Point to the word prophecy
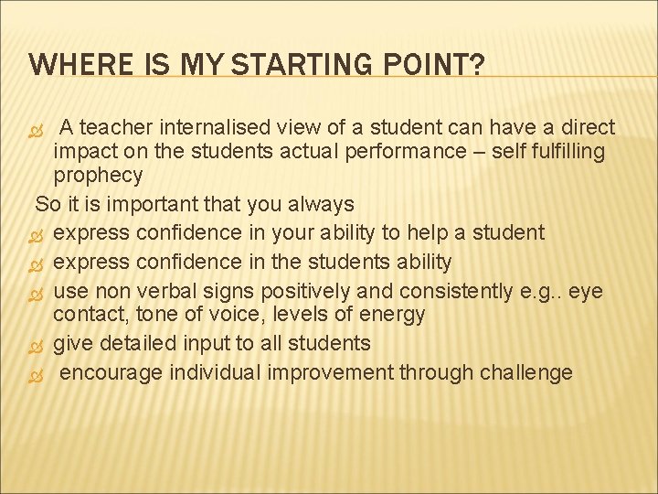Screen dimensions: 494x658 tap(98, 175)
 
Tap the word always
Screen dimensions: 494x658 tap(321, 203)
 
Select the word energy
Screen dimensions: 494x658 tap(393, 315)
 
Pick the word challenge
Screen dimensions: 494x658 tap(528, 372)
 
